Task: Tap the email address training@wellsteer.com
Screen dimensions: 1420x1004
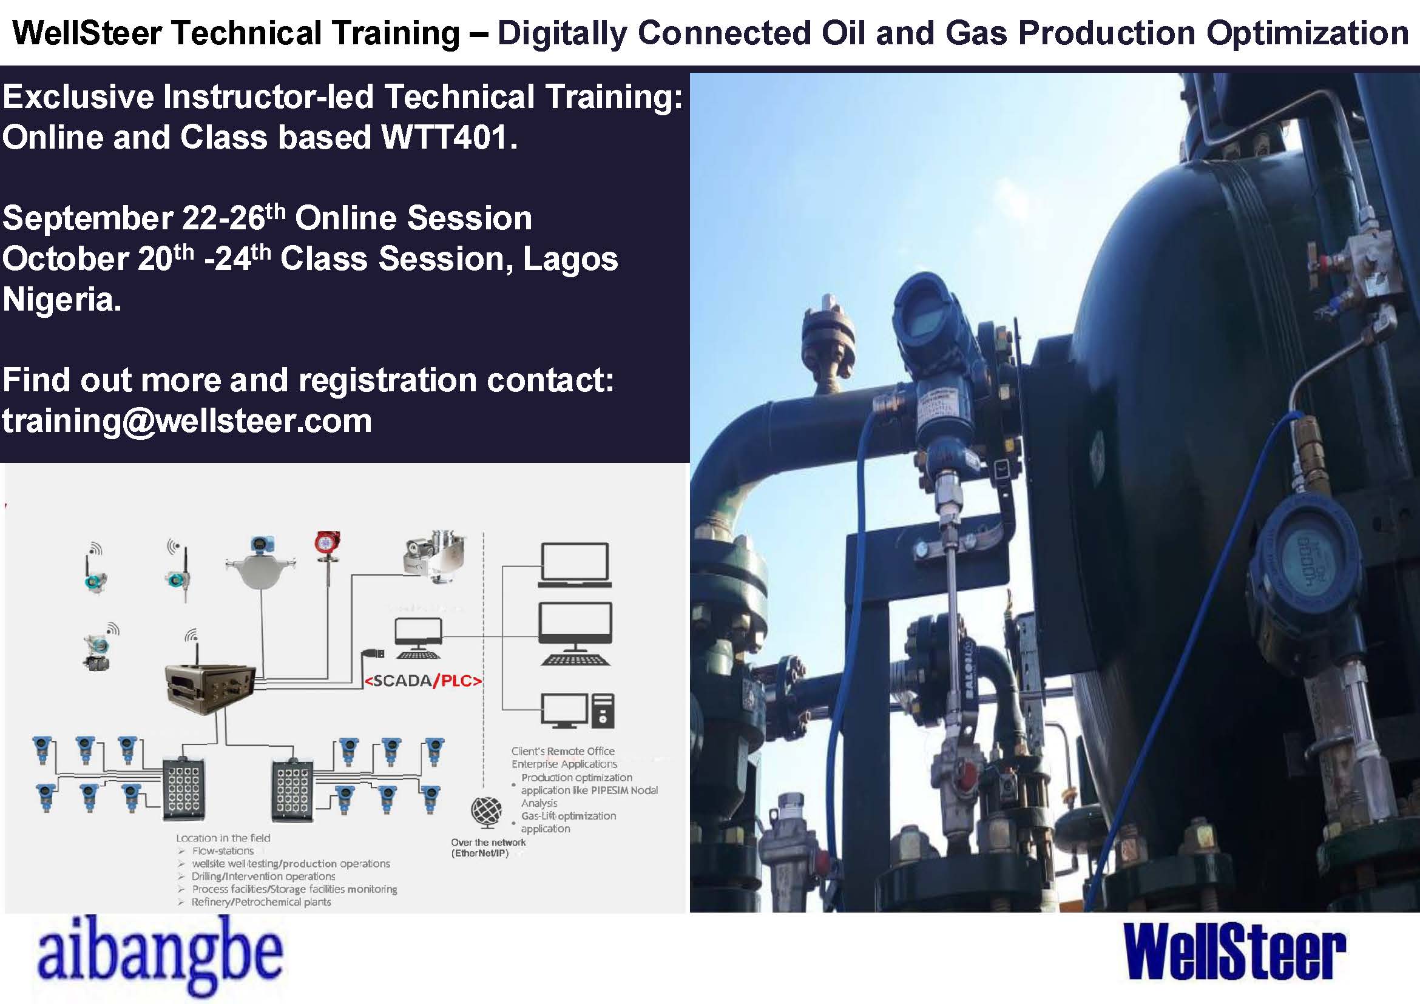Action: click(x=187, y=422)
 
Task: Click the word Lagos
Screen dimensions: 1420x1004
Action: click(x=570, y=259)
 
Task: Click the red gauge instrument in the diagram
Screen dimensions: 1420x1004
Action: click(x=326, y=547)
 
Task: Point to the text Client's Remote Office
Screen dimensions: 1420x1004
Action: click(x=563, y=751)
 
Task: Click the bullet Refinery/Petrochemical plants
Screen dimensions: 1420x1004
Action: click(x=261, y=902)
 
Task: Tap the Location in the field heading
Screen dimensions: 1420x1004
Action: click(x=223, y=838)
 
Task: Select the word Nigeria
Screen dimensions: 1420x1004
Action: click(x=61, y=300)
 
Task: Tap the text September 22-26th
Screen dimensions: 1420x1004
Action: click(x=143, y=218)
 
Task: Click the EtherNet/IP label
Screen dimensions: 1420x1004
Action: click(x=480, y=854)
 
